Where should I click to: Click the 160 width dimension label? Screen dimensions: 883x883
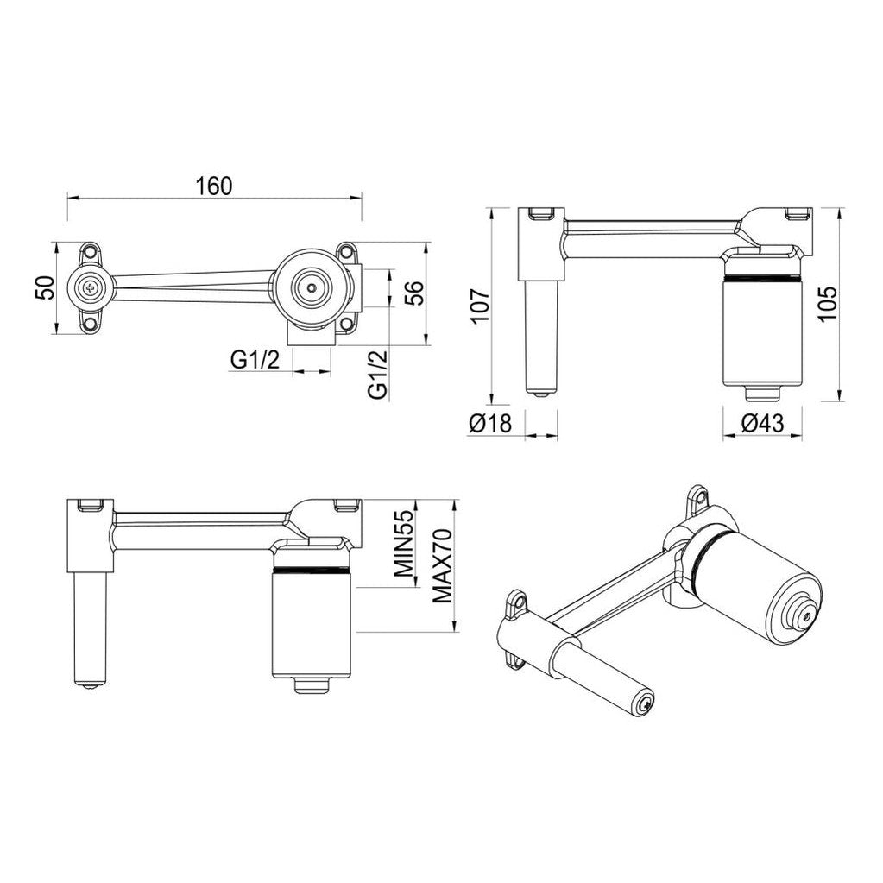(213, 186)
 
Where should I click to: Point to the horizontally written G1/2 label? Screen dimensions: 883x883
(255, 361)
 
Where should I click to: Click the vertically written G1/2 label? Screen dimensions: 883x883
(377, 374)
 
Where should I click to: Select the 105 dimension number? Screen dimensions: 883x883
(826, 304)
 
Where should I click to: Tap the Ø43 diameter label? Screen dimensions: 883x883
(761, 424)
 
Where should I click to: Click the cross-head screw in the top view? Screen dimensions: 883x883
(90, 287)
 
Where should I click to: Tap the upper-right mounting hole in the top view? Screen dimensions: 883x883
(347, 253)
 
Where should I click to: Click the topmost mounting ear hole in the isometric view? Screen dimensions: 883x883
(698, 498)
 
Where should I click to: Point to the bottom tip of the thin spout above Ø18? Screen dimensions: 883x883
(542, 391)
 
